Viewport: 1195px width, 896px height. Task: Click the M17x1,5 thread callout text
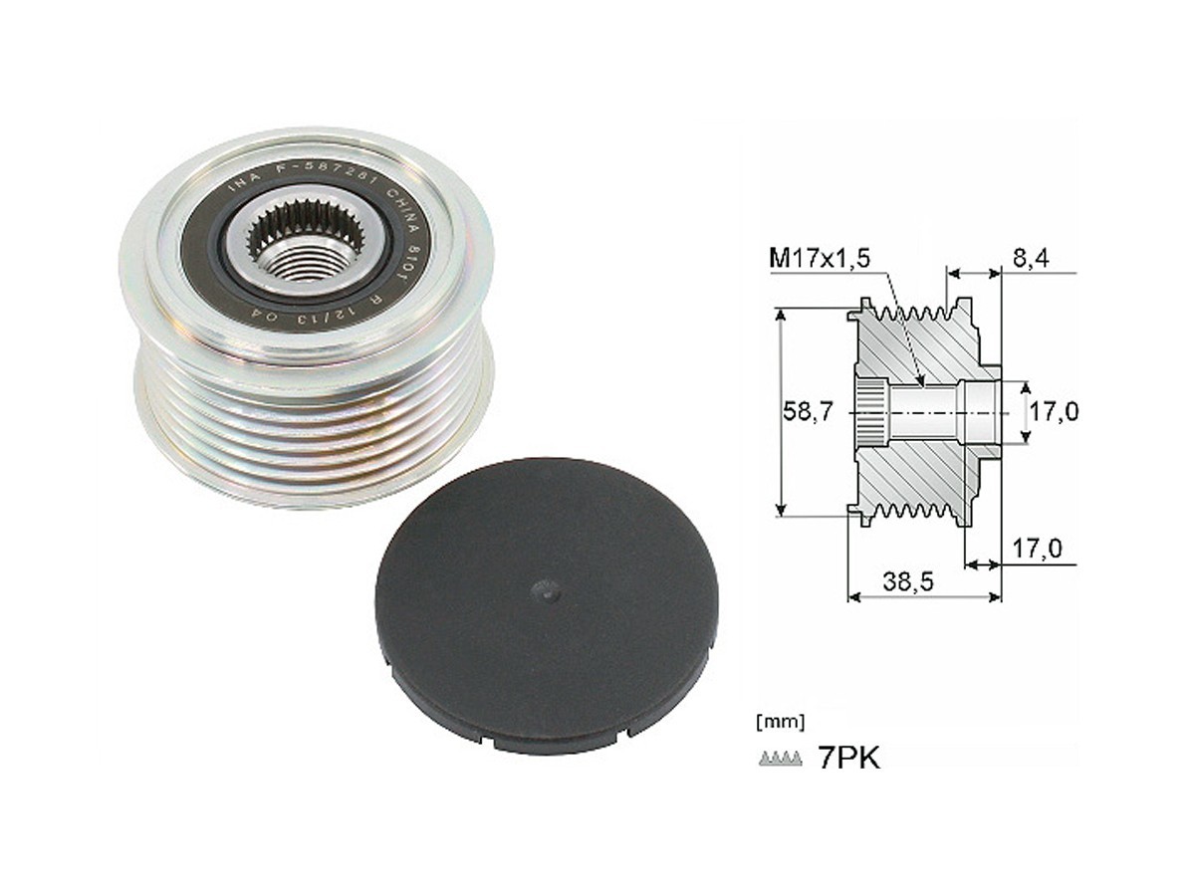pos(820,259)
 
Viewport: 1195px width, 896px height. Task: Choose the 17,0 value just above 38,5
pos(1037,547)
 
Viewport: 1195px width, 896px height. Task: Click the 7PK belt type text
pos(847,759)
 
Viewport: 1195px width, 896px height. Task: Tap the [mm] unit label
pos(782,719)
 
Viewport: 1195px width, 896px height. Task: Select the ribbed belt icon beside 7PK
pos(780,760)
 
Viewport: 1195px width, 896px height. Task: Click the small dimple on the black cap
pos(547,590)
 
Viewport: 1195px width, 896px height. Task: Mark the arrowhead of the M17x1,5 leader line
pos(922,382)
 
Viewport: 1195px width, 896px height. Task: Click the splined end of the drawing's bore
pos(870,412)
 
